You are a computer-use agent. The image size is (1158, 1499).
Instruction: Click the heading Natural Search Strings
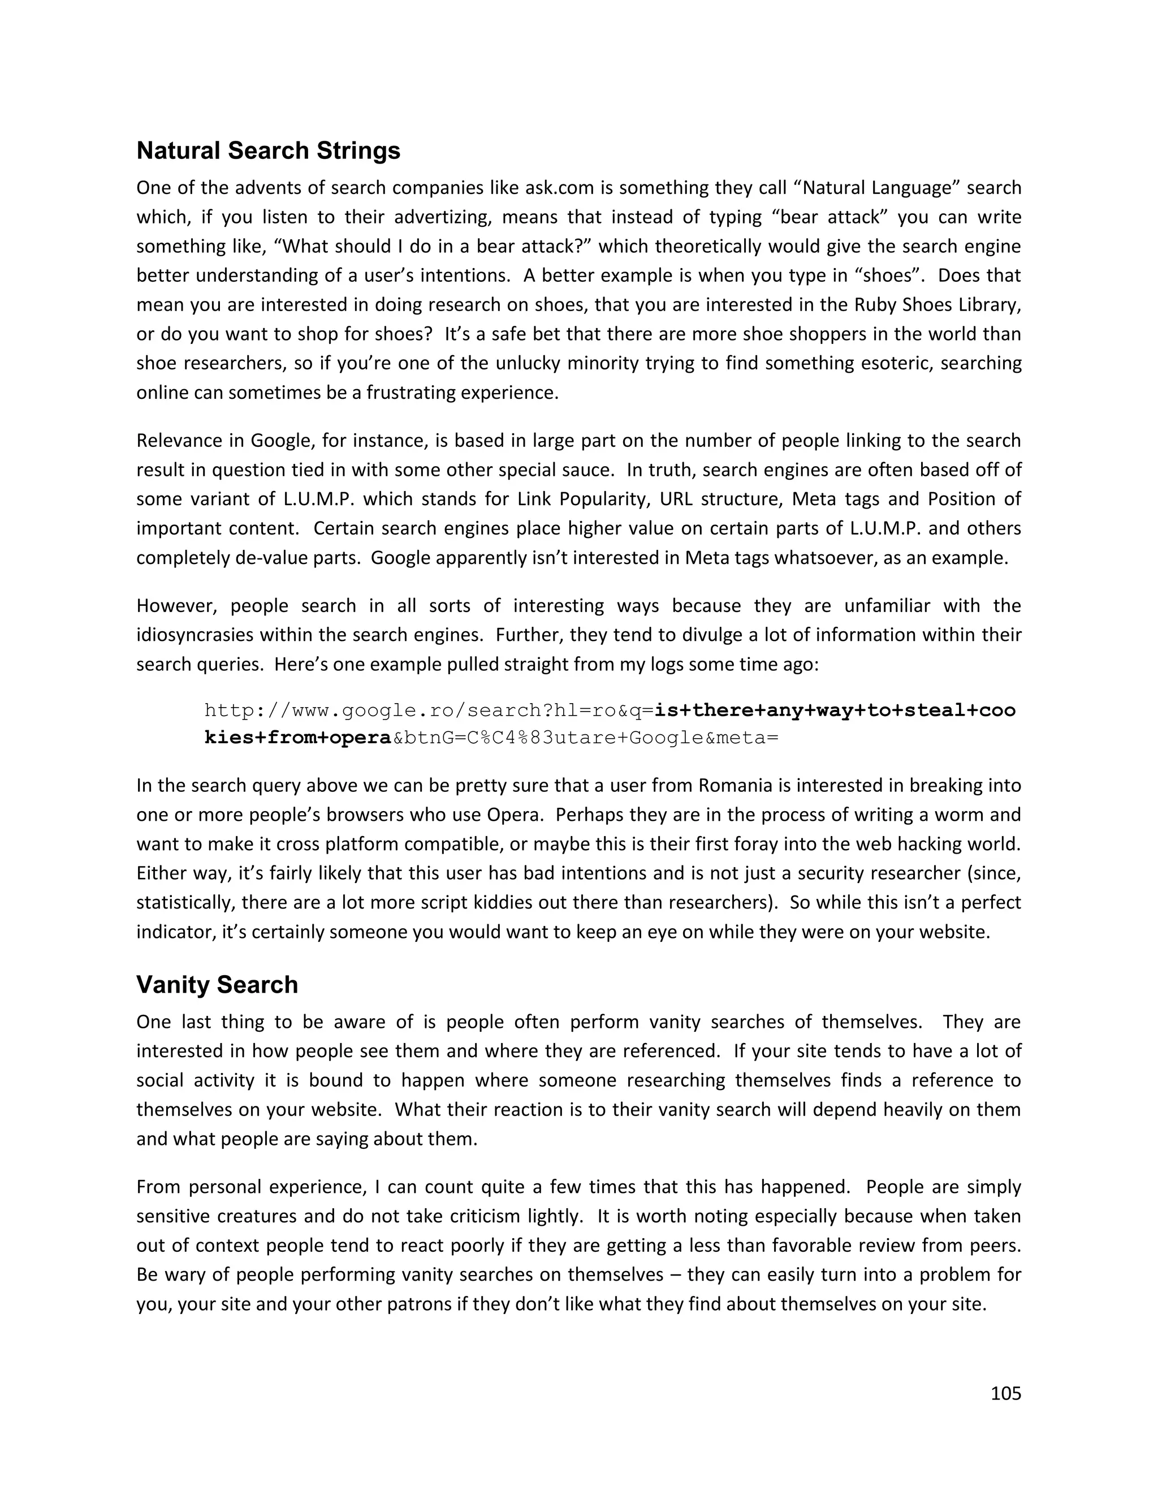click(x=268, y=151)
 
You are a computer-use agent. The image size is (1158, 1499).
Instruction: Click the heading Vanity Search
click(x=217, y=985)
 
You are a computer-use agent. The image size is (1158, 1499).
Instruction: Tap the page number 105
click(x=1006, y=1393)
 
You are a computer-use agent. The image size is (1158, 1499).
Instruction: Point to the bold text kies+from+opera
click(x=298, y=739)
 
